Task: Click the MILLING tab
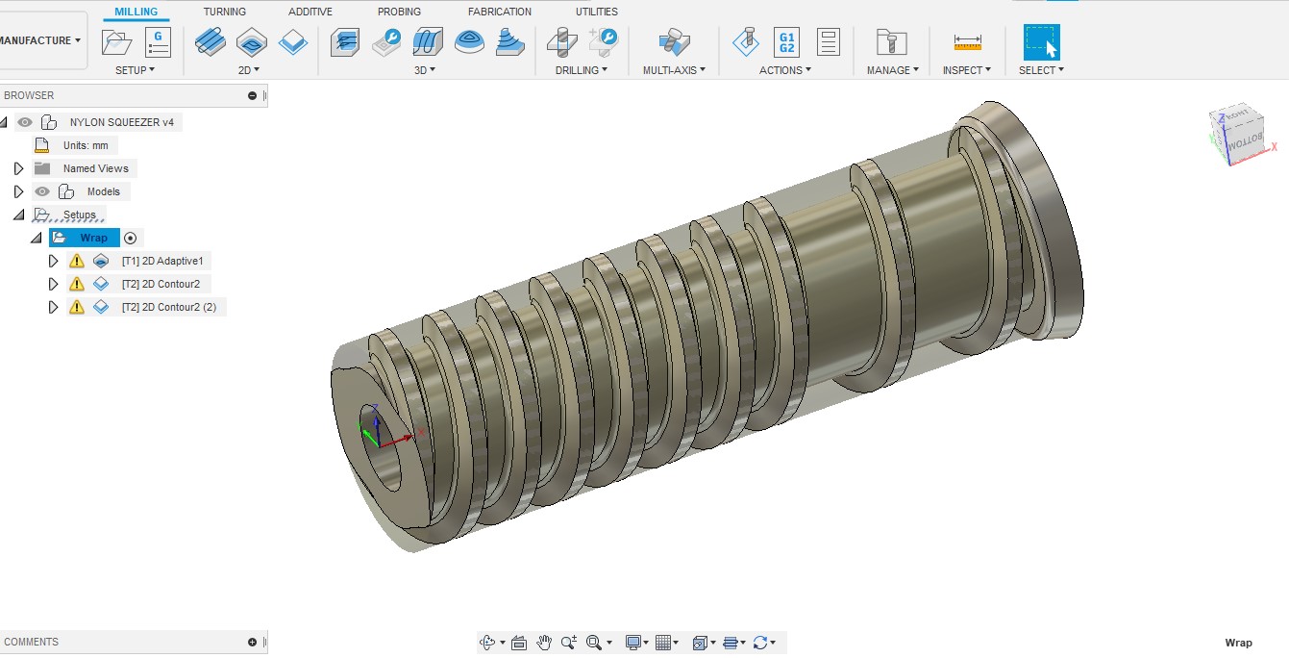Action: pyautogui.click(x=136, y=12)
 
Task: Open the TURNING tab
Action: pyautogui.click(x=224, y=12)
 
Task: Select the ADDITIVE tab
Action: pyautogui.click(x=310, y=12)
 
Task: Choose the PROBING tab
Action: pyautogui.click(x=399, y=12)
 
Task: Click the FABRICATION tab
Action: pyautogui.click(x=499, y=12)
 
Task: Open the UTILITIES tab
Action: pyautogui.click(x=596, y=12)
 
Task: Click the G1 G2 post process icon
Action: pyautogui.click(x=786, y=41)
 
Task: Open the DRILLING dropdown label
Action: pyautogui.click(x=581, y=70)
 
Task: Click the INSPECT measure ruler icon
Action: pyautogui.click(x=967, y=42)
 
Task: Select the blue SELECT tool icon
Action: pyautogui.click(x=1041, y=42)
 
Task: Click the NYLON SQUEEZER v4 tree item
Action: pyautogui.click(x=121, y=122)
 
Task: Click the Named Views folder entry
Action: pyautogui.click(x=95, y=168)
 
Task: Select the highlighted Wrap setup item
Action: pyautogui.click(x=93, y=238)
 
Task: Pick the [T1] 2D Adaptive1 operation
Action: pyautogui.click(x=161, y=261)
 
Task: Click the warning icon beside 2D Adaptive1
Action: pyautogui.click(x=77, y=261)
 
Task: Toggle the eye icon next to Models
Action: pyautogui.click(x=42, y=191)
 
